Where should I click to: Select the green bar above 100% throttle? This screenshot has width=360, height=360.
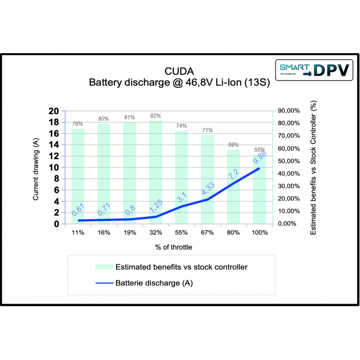tap(259, 198)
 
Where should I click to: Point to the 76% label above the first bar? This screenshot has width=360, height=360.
tap(77, 125)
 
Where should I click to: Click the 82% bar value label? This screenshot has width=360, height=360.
tap(156, 116)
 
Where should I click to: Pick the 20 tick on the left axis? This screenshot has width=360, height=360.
tap(54, 111)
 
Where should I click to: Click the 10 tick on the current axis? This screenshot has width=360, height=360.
tap(54, 167)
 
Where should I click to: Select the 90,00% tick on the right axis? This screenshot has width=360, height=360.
tap(288, 111)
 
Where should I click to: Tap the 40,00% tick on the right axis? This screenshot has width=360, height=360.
tap(288, 174)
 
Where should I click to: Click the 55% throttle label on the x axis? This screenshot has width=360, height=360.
tap(181, 233)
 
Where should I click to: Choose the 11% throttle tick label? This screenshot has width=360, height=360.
tap(77, 233)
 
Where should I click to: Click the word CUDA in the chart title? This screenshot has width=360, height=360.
tap(179, 72)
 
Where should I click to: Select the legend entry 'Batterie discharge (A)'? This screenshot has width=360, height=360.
tap(154, 283)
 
